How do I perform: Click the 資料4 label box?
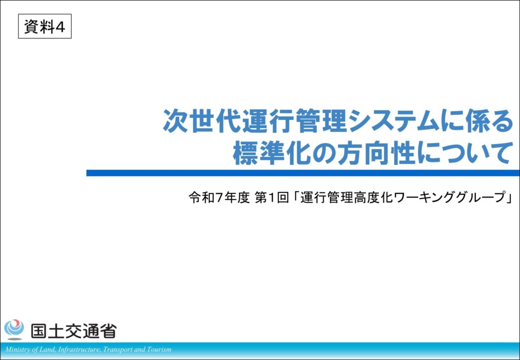45,26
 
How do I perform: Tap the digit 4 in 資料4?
60,27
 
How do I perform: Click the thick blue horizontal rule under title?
303,173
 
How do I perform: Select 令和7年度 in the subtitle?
219,198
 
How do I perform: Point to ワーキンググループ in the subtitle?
449,198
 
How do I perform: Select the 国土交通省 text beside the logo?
74,331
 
